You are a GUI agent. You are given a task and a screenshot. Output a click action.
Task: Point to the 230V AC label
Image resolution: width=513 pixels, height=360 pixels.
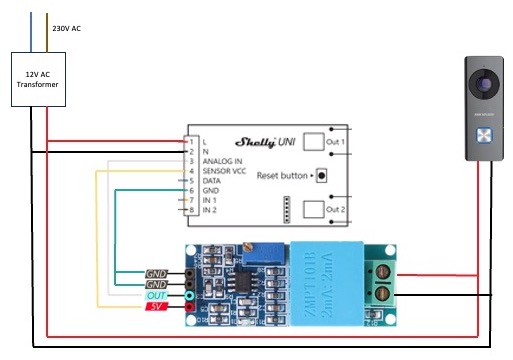(x=66, y=29)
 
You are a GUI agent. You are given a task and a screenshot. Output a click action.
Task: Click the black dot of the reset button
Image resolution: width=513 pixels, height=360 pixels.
(x=321, y=175)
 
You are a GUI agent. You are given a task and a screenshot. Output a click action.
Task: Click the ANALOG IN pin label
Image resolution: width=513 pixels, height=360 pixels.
(x=222, y=161)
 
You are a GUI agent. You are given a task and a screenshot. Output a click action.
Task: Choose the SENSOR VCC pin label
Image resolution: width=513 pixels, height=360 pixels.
(x=225, y=171)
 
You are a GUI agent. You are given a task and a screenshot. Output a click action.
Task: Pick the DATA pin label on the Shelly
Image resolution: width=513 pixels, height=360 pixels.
(x=211, y=181)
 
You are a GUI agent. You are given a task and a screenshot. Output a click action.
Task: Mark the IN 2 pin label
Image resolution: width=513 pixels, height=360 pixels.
(x=209, y=211)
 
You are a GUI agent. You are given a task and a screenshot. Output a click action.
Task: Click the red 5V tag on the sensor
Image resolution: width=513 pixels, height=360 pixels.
(x=156, y=307)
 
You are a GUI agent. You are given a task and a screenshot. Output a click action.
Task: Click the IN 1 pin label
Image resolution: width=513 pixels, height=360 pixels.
(x=209, y=201)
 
